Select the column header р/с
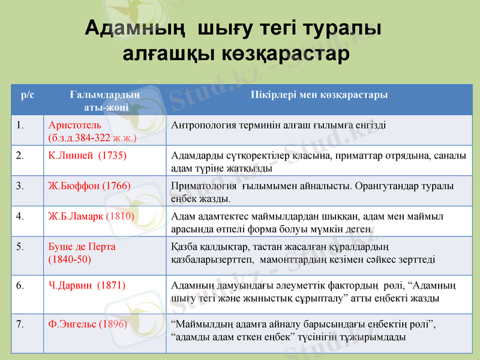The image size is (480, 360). click(28, 95)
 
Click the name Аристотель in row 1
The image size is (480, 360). click(72, 125)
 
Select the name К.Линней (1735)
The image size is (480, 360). click(88, 155)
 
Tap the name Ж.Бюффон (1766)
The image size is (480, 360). click(89, 185)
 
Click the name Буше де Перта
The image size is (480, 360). click(82, 247)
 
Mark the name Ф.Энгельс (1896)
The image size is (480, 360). click(88, 323)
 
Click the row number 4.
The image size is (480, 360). click(20, 215)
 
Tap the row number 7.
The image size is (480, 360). click(20, 323)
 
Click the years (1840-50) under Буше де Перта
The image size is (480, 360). click(70, 259)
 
